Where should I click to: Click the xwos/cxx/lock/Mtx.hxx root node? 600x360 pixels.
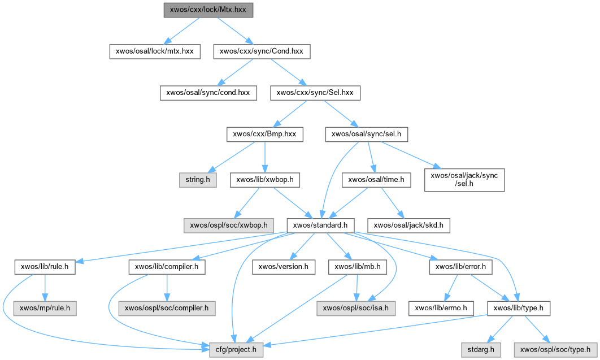tap(208, 10)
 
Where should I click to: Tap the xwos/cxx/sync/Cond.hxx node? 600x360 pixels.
tap(261, 51)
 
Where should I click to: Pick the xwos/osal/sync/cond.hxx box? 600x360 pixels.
tap(208, 92)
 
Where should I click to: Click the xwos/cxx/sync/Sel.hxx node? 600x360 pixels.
tap(315, 92)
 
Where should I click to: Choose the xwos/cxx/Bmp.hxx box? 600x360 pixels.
tap(265, 134)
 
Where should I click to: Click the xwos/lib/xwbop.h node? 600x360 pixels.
tap(265, 180)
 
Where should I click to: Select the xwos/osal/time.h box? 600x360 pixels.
tap(376, 180)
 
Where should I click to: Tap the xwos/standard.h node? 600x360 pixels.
tap(320, 225)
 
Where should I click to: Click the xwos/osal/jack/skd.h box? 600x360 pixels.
tap(410, 225)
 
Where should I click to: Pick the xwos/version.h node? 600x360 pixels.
tap(283, 267)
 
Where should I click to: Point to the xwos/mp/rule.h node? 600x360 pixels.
tap(45, 309)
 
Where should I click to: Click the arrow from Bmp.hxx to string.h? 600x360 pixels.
tap(231, 158)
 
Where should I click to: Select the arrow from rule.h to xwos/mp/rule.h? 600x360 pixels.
tap(45, 288)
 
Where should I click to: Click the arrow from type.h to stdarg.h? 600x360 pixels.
tap(499, 329)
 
